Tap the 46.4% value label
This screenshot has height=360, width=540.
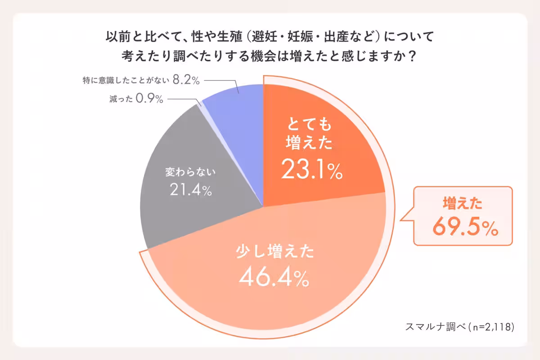(274, 279)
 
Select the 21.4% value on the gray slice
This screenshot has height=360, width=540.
(191, 190)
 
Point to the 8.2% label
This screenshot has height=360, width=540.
(186, 81)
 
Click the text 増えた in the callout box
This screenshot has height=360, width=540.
(463, 204)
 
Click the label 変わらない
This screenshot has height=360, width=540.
(191, 172)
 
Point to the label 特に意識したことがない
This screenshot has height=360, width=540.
(126, 81)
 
